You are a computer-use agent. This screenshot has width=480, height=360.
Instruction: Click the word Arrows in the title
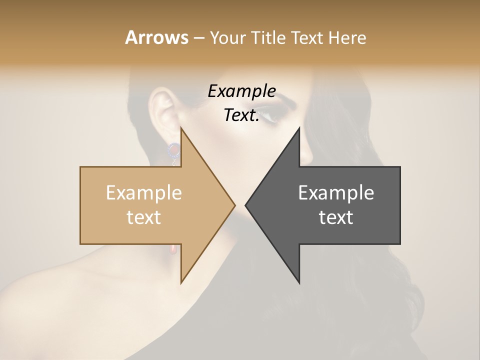coord(156,37)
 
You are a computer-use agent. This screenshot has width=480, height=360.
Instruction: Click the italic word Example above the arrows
coord(242,91)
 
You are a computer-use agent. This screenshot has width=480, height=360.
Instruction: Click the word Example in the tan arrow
coord(144,192)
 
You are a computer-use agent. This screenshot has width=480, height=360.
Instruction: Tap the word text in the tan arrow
coord(144,217)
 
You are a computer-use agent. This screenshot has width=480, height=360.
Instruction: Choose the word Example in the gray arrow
coord(336,192)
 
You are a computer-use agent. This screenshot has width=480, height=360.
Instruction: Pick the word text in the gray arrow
coord(336,217)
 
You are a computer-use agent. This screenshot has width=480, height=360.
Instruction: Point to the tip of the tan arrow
coord(235,205)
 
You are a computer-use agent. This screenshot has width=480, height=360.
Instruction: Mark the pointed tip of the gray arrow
coord(245,205)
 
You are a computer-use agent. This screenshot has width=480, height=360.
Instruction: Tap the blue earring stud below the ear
coord(173,148)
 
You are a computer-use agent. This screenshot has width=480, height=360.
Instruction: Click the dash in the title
coord(198,38)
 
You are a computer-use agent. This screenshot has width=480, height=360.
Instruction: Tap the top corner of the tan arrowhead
coord(181,127)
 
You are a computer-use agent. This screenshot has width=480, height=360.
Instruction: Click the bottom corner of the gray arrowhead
coord(299,283)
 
